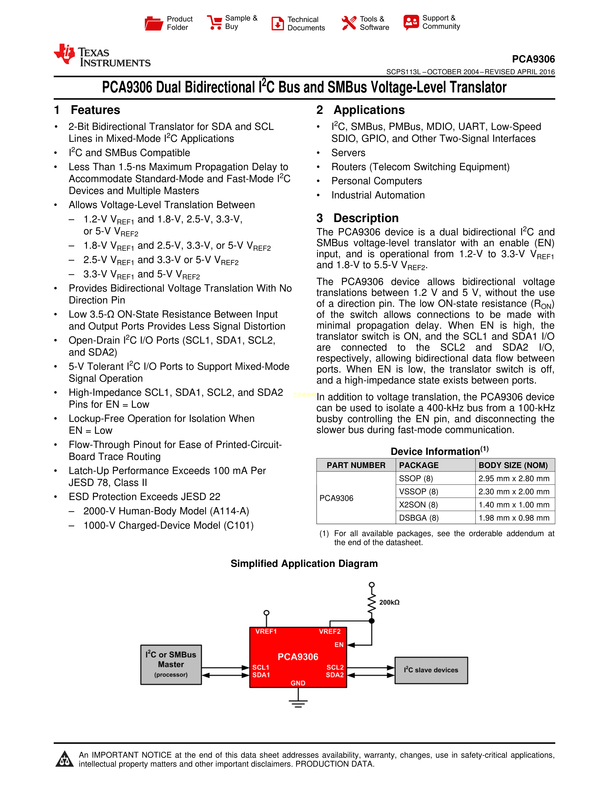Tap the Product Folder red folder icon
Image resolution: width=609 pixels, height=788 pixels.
[x=154, y=23]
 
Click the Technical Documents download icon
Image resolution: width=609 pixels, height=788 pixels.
[x=278, y=23]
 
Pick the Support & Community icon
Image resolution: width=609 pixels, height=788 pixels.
[x=411, y=22]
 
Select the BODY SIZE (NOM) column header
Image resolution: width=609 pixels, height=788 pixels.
[x=513, y=465]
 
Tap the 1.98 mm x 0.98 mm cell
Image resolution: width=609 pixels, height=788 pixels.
[x=514, y=518]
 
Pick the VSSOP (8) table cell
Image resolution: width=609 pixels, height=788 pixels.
[x=418, y=492]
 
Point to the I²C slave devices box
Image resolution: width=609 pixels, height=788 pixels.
[x=431, y=670]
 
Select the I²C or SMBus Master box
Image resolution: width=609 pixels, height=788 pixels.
[x=171, y=665]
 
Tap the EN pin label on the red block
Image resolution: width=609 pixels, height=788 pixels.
[x=339, y=645]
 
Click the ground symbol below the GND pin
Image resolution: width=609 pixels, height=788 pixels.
[x=298, y=703]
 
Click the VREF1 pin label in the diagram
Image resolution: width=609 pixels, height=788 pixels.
[x=266, y=631]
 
